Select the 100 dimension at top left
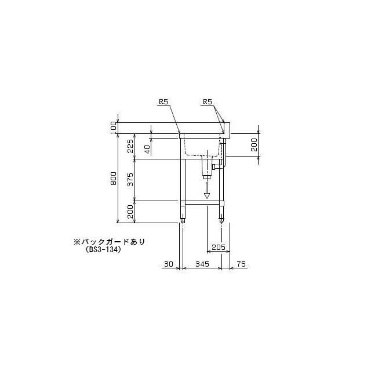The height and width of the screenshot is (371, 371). (114, 127)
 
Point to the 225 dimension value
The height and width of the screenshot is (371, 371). (131, 147)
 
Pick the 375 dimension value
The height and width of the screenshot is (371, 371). (131, 179)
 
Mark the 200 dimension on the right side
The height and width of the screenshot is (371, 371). (254, 145)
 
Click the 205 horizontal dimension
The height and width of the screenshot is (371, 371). (218, 247)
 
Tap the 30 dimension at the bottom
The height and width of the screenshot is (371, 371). (169, 264)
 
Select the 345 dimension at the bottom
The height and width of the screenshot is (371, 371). (202, 264)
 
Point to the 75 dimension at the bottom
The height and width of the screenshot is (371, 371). (242, 264)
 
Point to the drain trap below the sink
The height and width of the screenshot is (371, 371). (206, 168)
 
